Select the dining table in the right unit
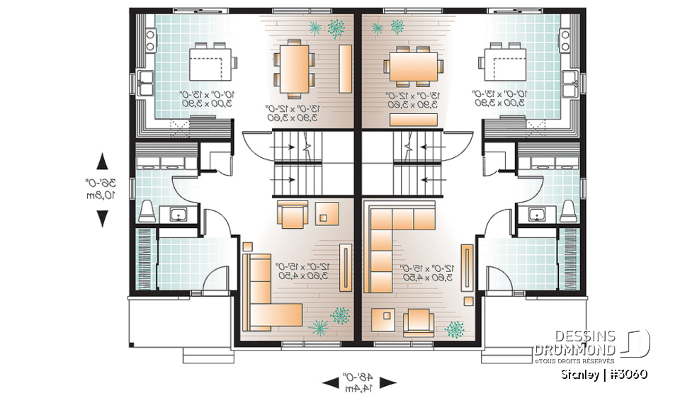tap(413, 69)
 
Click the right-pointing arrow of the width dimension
tap(387, 382)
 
